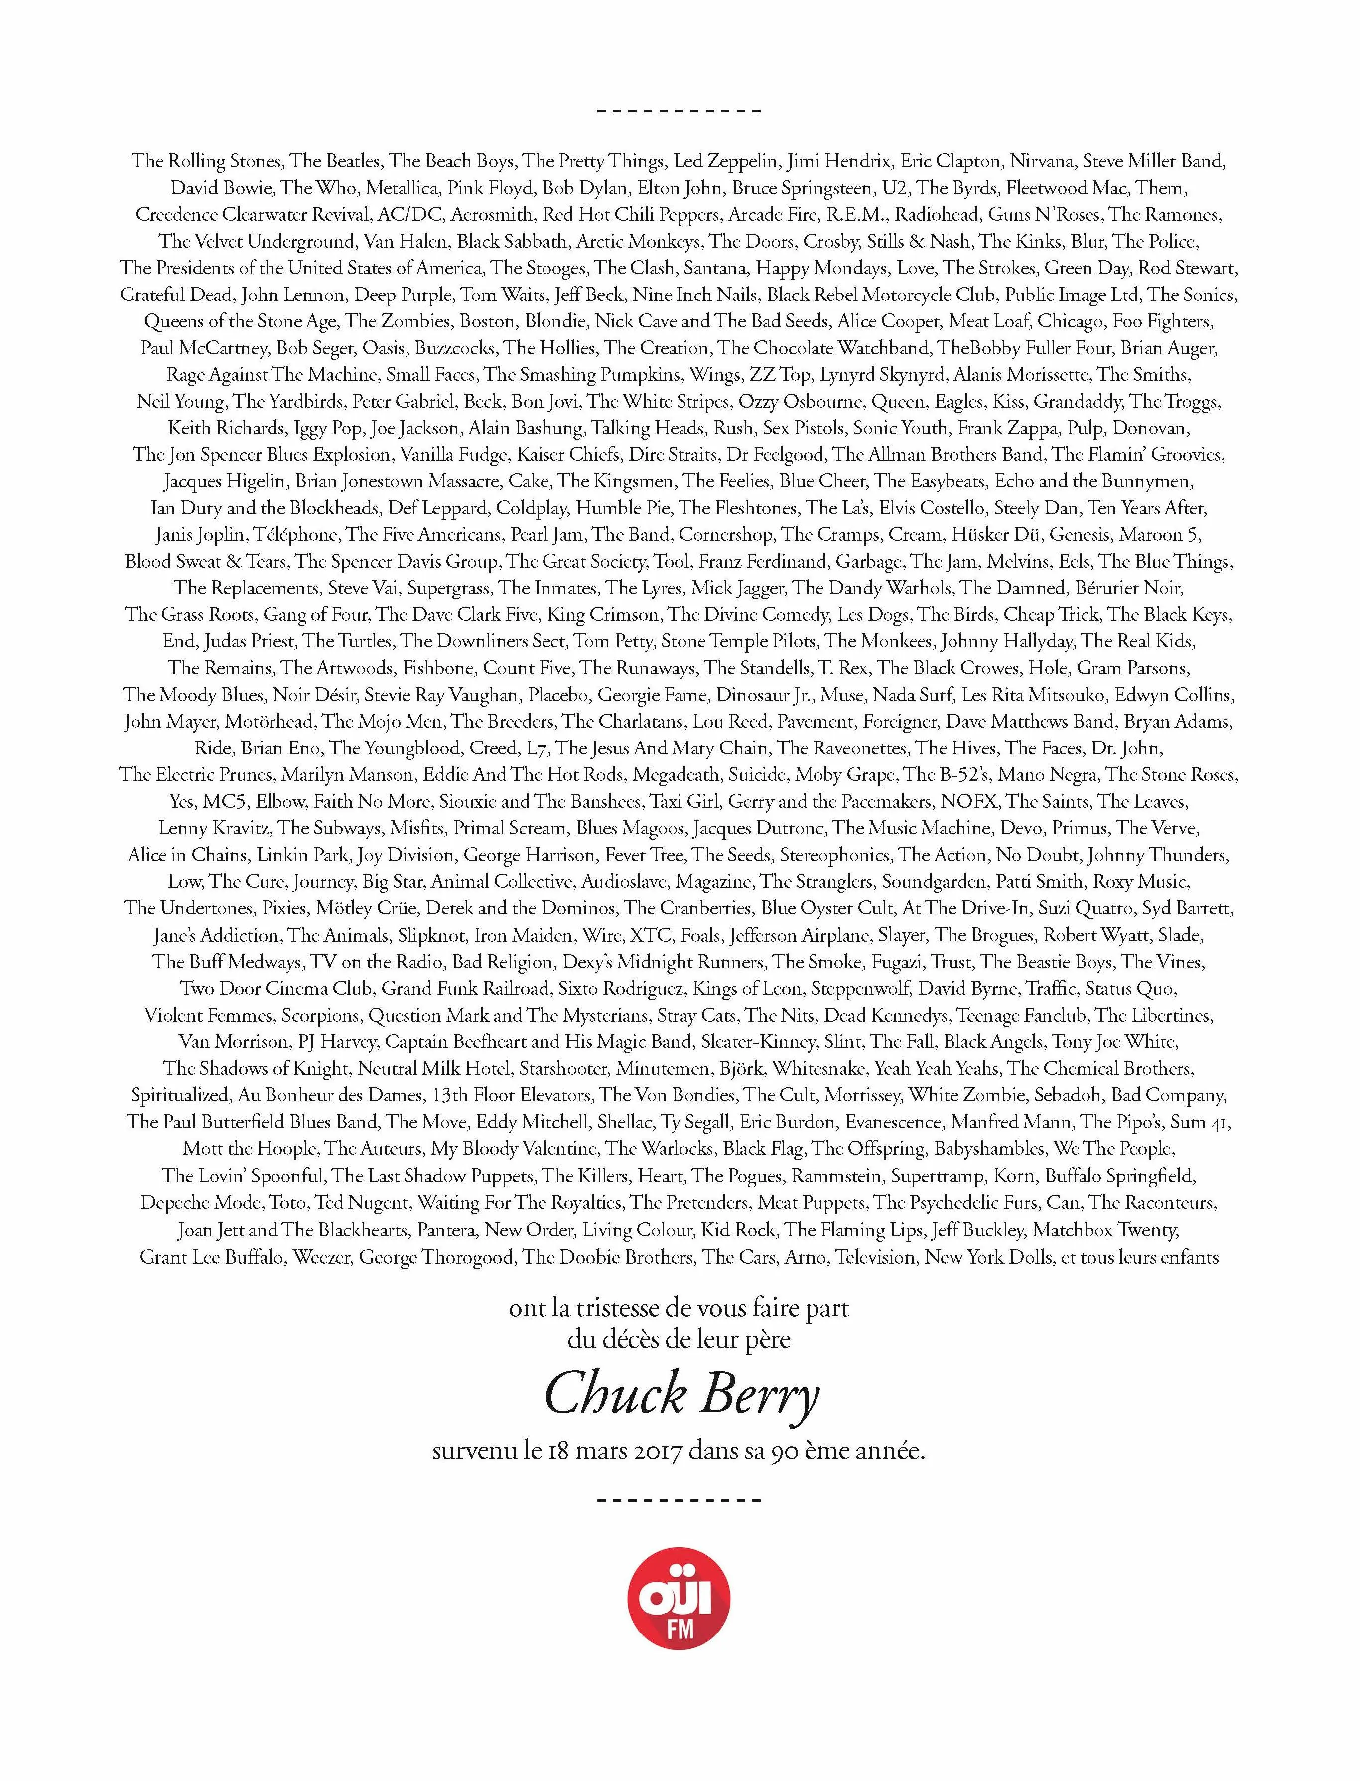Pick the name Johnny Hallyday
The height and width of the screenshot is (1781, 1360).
[x=1007, y=641]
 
